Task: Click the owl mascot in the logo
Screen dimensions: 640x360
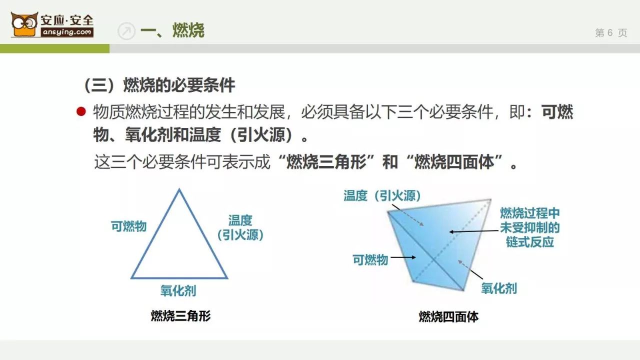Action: [x=24, y=24]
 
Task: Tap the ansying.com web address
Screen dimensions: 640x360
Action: [x=67, y=32]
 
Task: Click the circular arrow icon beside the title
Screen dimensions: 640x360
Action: [x=126, y=31]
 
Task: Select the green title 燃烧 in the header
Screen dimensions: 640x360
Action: [x=188, y=30]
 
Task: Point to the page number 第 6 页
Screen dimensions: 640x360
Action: [x=611, y=33]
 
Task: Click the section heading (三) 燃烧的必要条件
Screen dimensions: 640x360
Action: [x=159, y=85]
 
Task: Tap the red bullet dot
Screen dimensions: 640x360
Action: [x=81, y=111]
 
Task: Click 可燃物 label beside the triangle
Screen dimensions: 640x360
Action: [x=128, y=226]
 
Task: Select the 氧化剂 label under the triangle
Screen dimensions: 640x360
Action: [x=178, y=291]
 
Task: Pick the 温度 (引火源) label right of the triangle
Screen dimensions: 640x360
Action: [x=240, y=227]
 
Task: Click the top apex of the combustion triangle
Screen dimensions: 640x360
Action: [x=179, y=189]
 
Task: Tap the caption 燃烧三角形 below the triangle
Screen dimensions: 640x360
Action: [x=180, y=316]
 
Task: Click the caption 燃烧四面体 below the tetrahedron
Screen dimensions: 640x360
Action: [x=448, y=317]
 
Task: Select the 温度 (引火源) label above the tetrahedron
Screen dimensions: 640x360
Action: [x=382, y=196]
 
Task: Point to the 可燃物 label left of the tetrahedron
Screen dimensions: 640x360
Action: [x=370, y=260]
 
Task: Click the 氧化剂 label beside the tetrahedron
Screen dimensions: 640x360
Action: [x=499, y=288]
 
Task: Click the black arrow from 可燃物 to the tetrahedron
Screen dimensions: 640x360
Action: [x=403, y=257]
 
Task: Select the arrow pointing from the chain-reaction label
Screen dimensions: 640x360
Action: [x=473, y=231]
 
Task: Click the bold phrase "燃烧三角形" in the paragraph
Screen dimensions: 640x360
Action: [x=326, y=161]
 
